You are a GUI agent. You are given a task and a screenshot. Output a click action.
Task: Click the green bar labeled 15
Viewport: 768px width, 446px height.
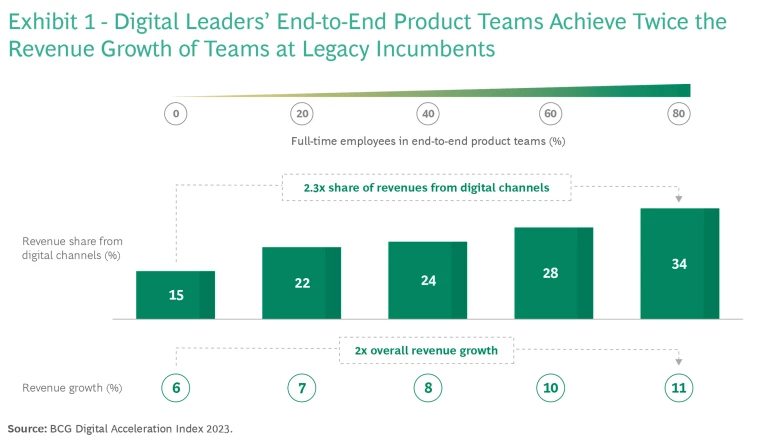coord(176,295)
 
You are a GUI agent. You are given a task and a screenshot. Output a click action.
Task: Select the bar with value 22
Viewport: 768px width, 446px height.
coord(301,283)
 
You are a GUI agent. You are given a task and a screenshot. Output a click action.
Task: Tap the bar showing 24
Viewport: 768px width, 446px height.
coord(427,280)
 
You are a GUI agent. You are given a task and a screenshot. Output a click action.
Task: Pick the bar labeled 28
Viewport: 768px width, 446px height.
coord(553,273)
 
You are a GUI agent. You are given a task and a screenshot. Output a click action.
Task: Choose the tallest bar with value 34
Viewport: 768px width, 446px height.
coord(679,264)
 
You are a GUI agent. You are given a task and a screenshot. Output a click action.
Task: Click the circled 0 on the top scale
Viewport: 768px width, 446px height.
coord(176,114)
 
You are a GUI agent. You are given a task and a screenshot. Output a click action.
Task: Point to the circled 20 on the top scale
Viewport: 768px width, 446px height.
coord(301,114)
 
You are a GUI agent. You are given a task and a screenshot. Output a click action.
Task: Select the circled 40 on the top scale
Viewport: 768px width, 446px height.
coord(427,114)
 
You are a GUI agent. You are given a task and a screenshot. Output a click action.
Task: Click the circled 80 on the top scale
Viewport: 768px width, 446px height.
coord(679,114)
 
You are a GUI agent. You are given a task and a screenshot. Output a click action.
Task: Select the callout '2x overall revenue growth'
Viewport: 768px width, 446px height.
coord(426,351)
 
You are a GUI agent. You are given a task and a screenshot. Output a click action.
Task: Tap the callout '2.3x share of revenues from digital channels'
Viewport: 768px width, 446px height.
coord(426,186)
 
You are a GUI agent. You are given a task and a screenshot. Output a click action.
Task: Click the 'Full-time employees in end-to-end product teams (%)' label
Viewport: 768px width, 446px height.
coord(428,141)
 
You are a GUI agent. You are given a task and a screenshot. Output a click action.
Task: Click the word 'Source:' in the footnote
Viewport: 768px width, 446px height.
coord(26,428)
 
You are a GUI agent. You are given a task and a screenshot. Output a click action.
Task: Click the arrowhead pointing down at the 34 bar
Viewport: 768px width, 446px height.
coord(679,199)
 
